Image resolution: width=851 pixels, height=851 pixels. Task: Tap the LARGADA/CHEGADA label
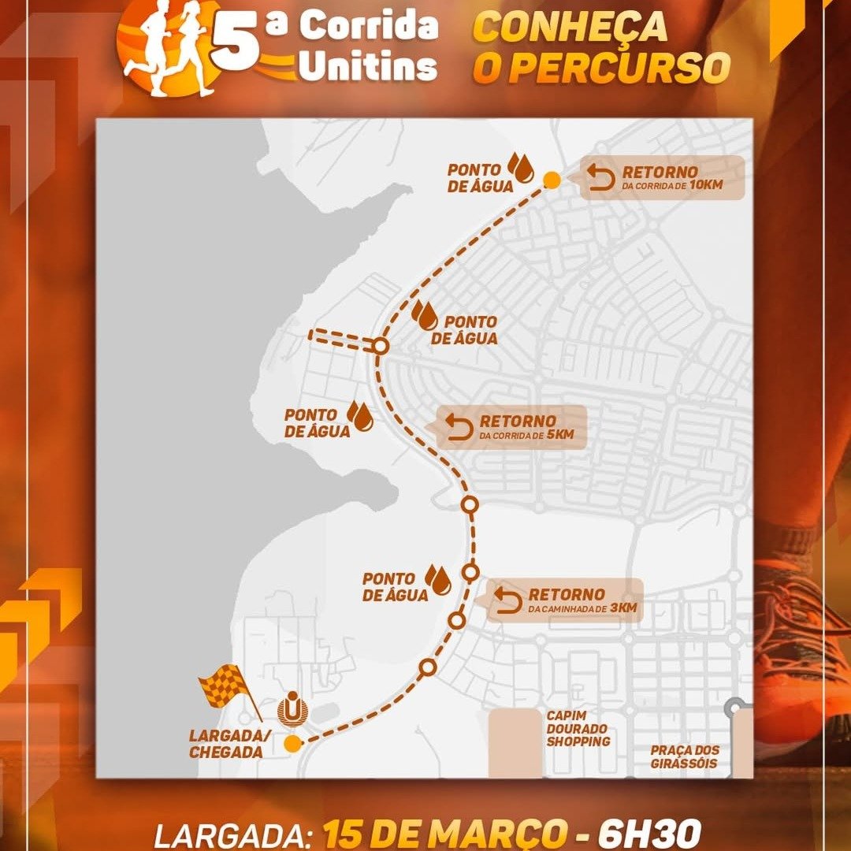(225, 743)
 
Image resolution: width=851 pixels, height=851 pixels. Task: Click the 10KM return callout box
(663, 178)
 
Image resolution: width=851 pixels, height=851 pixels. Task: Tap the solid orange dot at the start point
(292, 743)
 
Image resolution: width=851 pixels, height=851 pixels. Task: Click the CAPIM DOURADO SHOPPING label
(578, 728)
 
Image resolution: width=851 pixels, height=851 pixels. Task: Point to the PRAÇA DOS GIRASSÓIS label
(685, 756)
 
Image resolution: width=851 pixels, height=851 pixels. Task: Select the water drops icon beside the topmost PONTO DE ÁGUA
(520, 167)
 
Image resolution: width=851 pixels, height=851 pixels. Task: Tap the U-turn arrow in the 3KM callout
(508, 601)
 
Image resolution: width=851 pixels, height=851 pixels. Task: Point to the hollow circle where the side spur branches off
(381, 346)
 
